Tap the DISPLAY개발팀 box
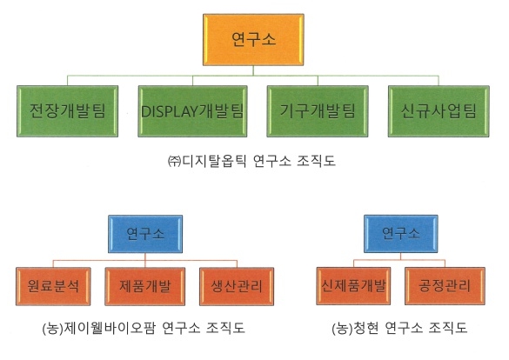tap(192, 111)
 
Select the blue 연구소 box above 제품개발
tap(143, 233)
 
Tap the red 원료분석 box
tap(51, 284)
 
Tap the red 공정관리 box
tap(444, 284)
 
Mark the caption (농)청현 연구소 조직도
tap(399, 329)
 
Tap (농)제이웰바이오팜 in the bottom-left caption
tap(103, 329)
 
